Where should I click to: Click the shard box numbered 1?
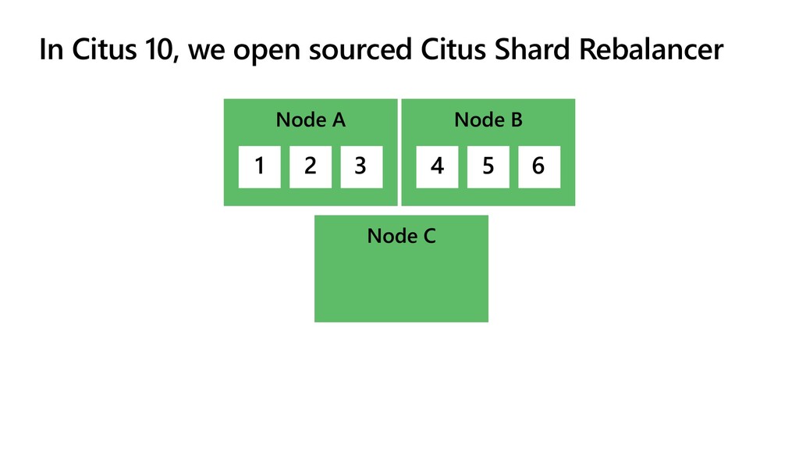click(259, 167)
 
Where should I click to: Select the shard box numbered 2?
click(311, 167)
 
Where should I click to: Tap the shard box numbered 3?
click(361, 167)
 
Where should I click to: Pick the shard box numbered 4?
click(437, 167)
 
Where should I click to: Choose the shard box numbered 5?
click(488, 167)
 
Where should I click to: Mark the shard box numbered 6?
click(539, 167)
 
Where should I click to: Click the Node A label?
click(311, 120)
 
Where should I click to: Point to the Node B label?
click(488, 120)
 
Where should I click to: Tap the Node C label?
click(402, 236)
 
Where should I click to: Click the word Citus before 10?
click(104, 49)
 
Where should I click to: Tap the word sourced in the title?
click(360, 50)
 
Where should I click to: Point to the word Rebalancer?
click(652, 49)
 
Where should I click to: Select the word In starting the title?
click(51, 50)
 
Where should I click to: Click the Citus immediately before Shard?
click(453, 49)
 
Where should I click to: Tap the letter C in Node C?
click(430, 236)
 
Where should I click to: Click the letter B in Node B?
click(517, 120)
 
